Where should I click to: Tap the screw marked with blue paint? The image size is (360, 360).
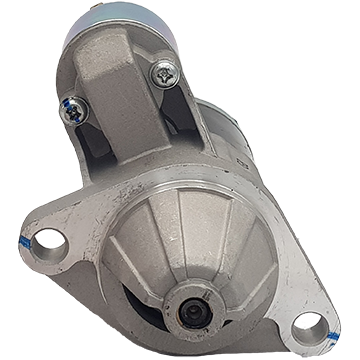click(74, 110)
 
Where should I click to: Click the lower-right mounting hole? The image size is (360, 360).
click(307, 325)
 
